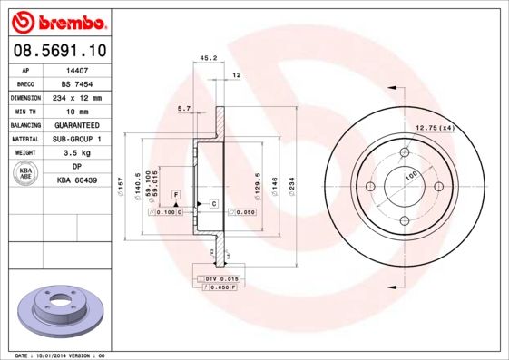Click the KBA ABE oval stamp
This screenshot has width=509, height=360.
click(x=26, y=174)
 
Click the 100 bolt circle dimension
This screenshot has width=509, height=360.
click(x=410, y=174)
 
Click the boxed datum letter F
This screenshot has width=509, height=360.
click(x=175, y=195)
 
